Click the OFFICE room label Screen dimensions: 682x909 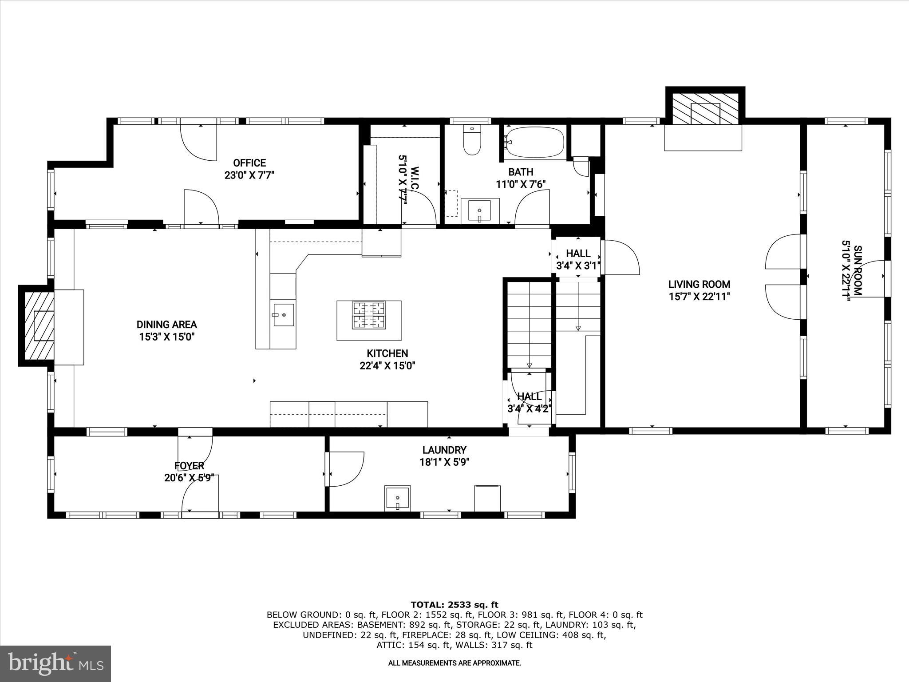[249, 163]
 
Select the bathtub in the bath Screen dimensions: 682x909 [534, 143]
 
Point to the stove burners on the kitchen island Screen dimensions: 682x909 [368, 315]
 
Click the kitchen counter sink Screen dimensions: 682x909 [283, 315]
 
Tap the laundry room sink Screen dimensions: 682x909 [397, 499]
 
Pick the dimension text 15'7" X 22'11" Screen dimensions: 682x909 [700, 297]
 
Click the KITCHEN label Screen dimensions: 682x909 [387, 353]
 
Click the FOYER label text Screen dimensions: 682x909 [189, 466]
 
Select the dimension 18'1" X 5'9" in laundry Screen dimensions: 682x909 [444, 462]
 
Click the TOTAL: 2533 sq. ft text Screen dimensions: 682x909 [454, 605]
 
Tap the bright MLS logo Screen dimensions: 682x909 [55, 663]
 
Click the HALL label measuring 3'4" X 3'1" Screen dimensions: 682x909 [578, 254]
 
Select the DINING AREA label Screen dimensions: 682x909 [166, 325]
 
